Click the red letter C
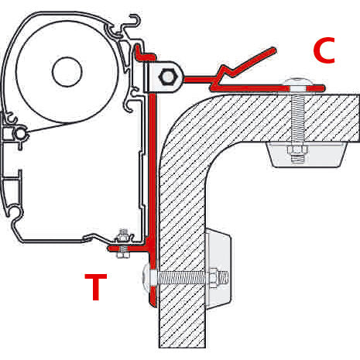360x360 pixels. coord(324,51)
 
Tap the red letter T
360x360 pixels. coord(95,287)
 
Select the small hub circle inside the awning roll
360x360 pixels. coord(67,73)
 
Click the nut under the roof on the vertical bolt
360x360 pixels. coord(297,152)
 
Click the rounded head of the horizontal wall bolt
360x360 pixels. coord(148,276)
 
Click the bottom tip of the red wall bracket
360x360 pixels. coord(152,303)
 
